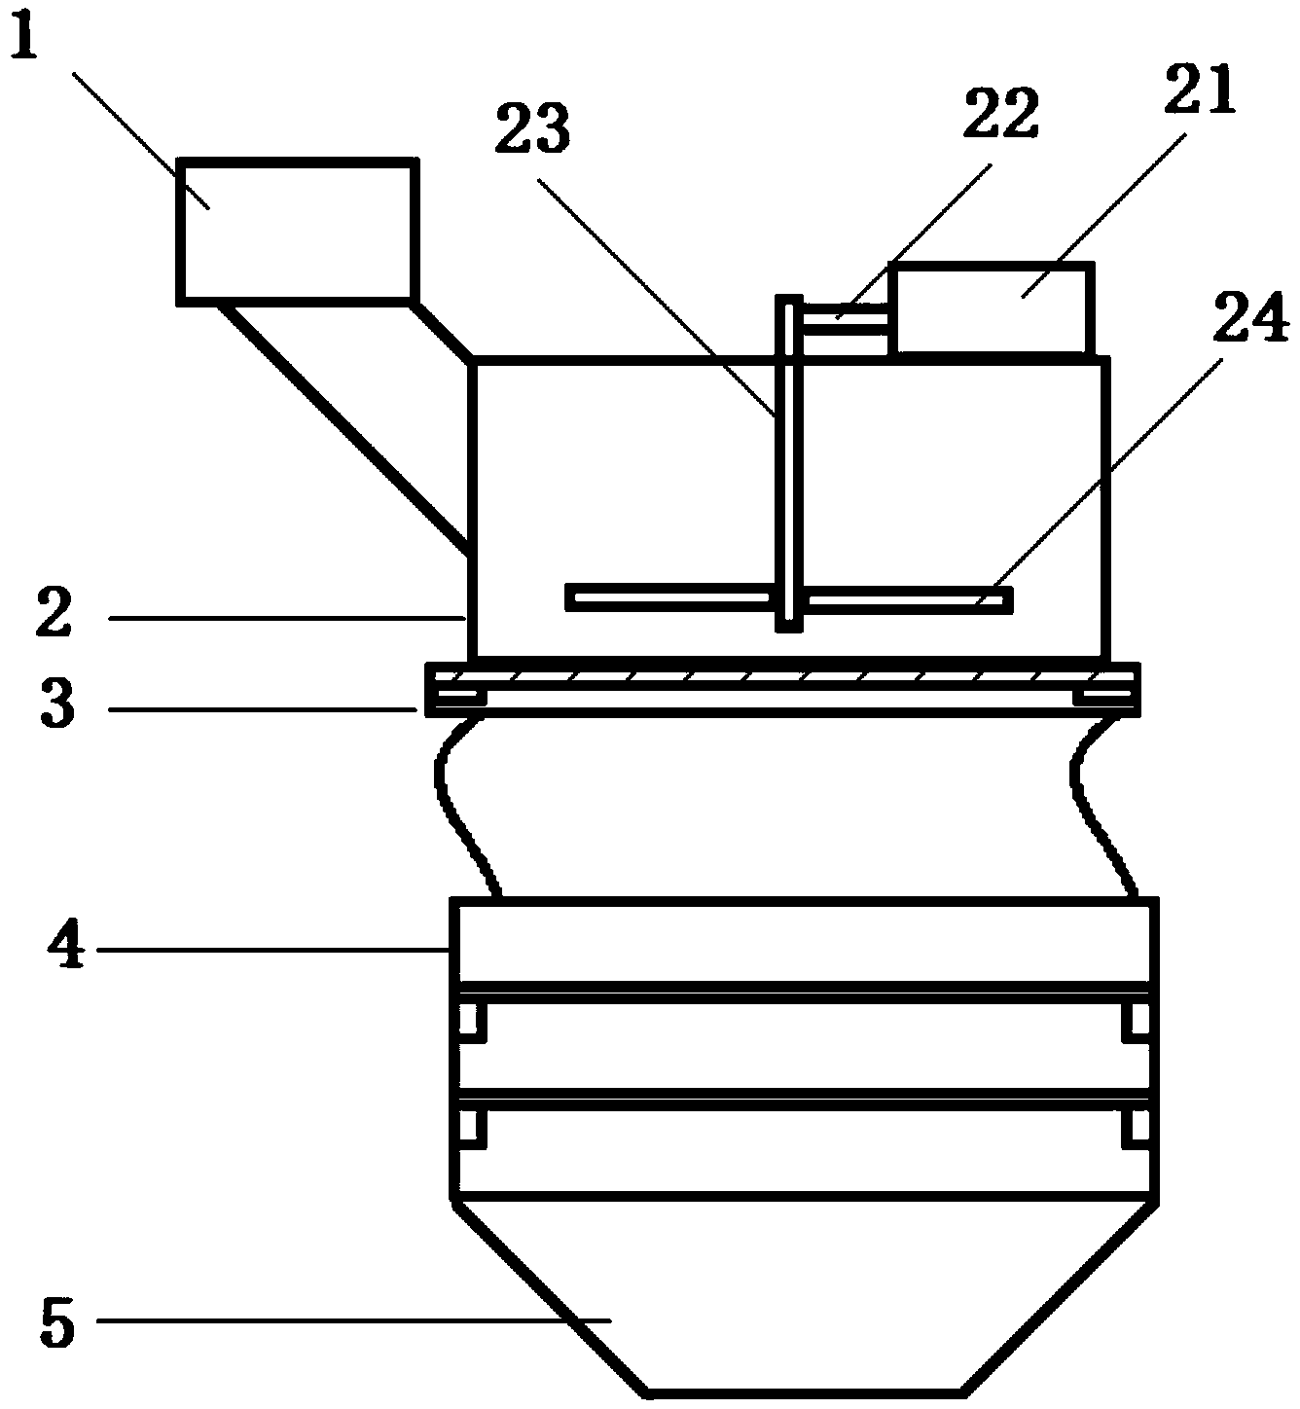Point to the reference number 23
pos(532,131)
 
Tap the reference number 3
pos(57,705)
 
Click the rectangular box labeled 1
pos(296,231)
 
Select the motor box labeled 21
pos(992,307)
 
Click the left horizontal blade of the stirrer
pos(669,597)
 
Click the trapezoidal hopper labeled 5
pos(804,1294)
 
